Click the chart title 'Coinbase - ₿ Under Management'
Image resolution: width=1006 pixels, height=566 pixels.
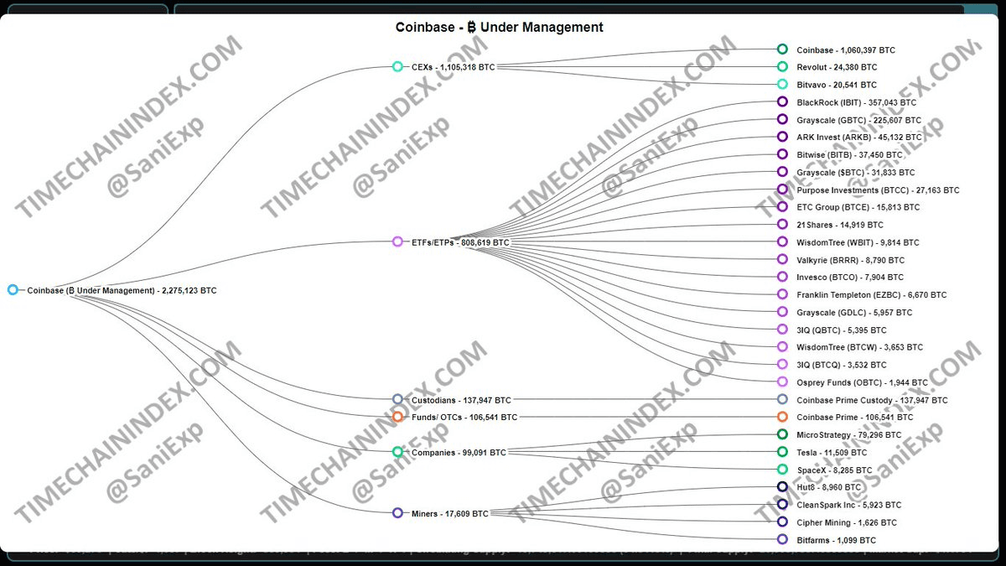(499, 27)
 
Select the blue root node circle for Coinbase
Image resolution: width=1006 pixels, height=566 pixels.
(13, 290)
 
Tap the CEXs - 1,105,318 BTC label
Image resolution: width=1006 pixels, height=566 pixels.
(453, 67)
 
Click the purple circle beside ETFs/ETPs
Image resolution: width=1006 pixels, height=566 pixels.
(397, 241)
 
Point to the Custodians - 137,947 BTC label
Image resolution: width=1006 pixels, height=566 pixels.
(460, 401)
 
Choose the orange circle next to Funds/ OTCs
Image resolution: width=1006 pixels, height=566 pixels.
(397, 417)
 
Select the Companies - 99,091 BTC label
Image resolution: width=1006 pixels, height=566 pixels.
(459, 453)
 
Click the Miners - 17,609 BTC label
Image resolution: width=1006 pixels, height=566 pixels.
(449, 513)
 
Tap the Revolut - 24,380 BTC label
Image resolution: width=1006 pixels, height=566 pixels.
(837, 67)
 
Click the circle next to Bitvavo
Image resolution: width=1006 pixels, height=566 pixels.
(782, 84)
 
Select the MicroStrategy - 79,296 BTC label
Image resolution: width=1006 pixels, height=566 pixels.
(848, 435)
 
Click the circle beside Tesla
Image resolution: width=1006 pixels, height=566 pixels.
(782, 452)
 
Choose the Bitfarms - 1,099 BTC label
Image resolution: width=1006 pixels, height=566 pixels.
(836, 541)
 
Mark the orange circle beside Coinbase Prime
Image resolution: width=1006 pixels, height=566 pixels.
(782, 417)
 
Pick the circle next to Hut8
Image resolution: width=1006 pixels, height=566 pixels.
(782, 487)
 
